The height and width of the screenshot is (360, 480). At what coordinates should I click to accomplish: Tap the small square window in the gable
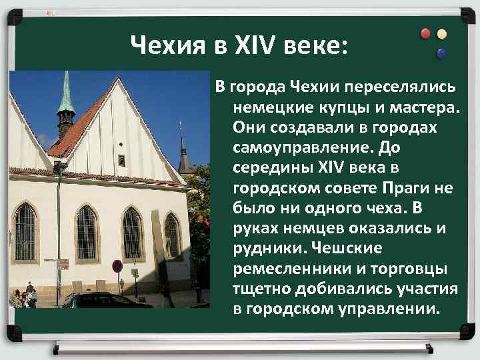coord(121,159)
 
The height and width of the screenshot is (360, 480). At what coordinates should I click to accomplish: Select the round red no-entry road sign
coord(117,267)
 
